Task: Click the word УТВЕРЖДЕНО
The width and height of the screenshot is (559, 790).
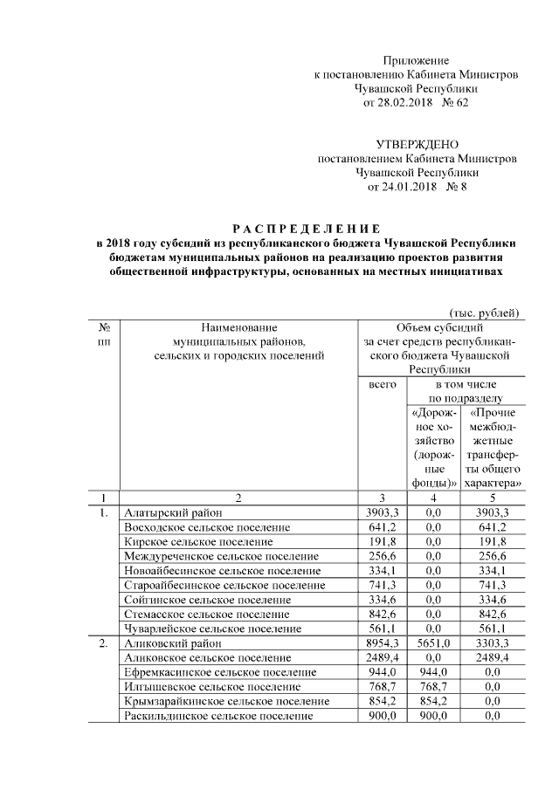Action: click(417, 144)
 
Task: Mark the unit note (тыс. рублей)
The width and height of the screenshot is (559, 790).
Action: click(484, 313)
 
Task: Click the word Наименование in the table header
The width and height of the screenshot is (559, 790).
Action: click(237, 327)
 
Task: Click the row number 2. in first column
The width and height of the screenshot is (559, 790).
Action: click(103, 643)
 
